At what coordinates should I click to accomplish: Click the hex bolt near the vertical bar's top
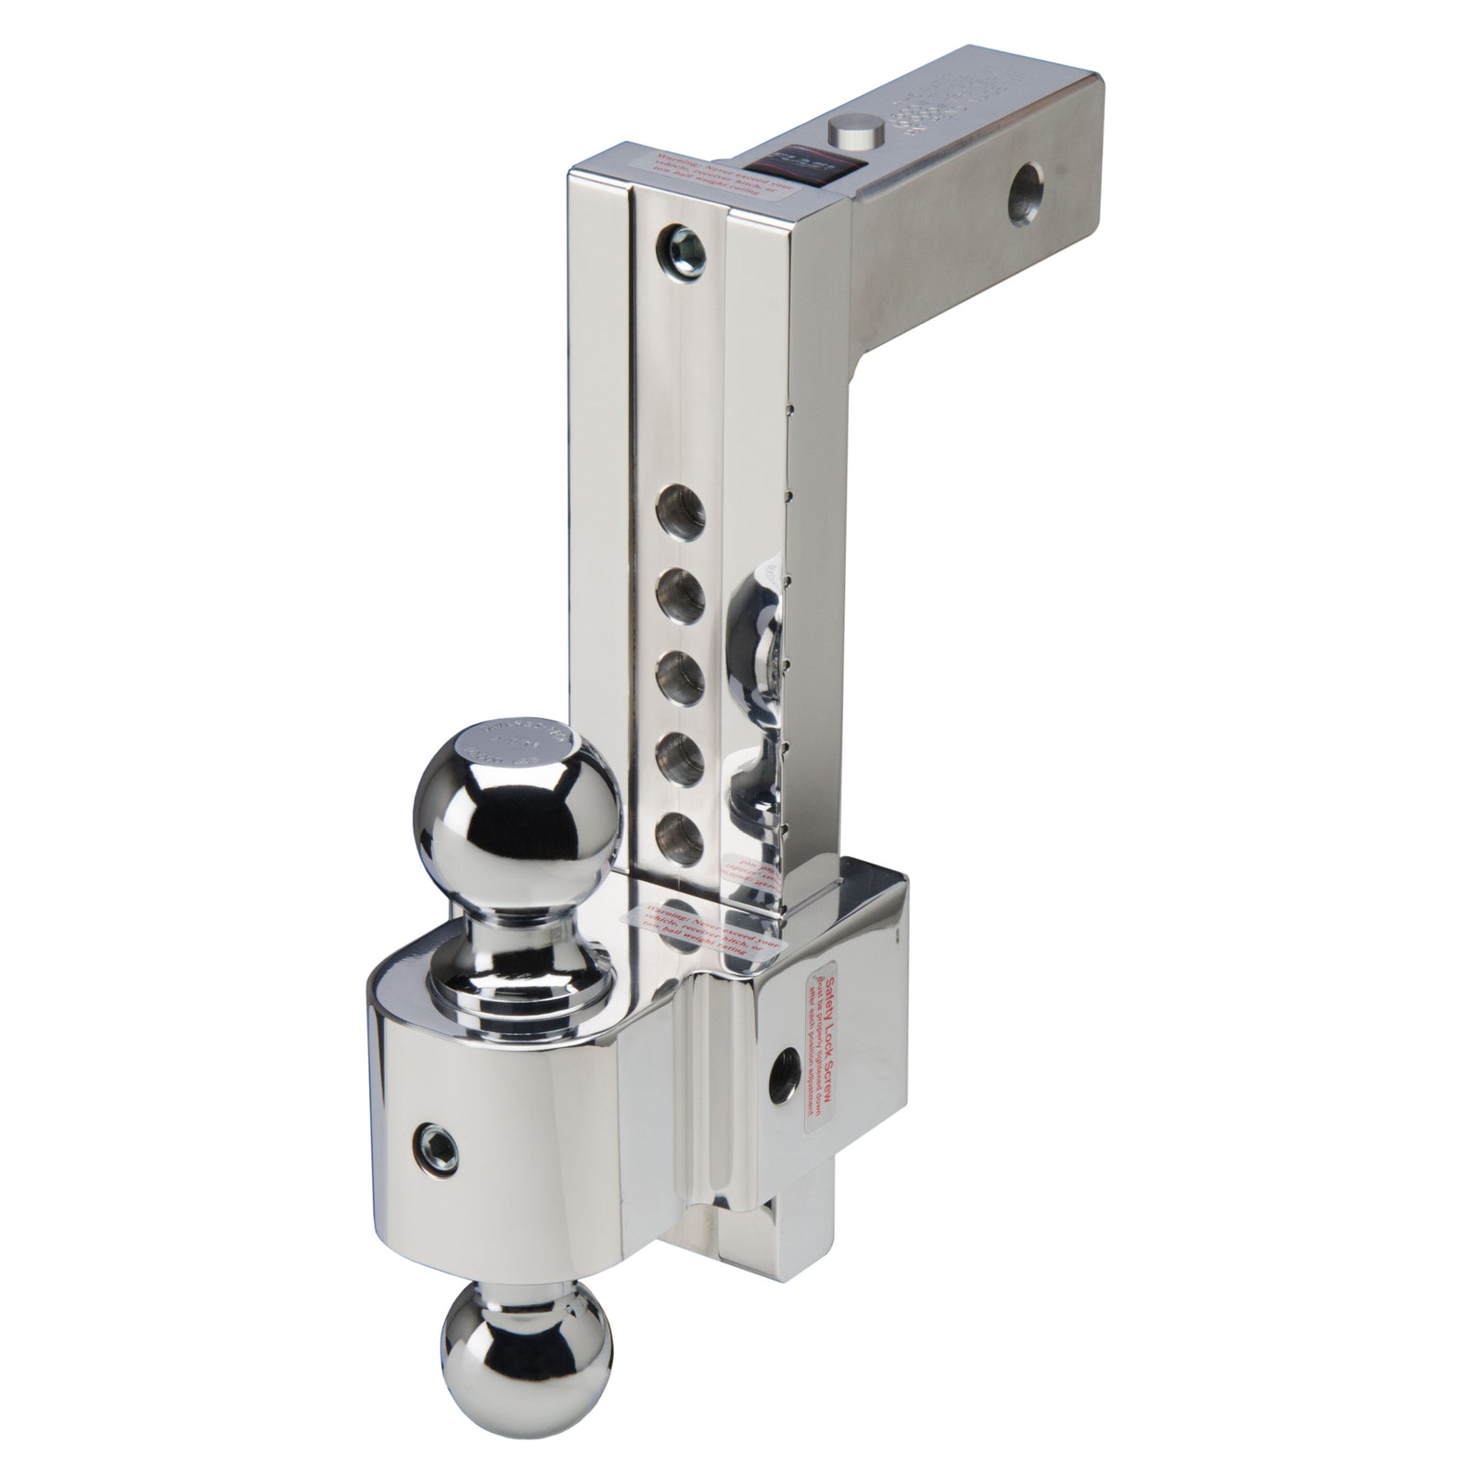click(x=682, y=243)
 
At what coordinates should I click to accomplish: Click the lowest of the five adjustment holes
click(x=680, y=835)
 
